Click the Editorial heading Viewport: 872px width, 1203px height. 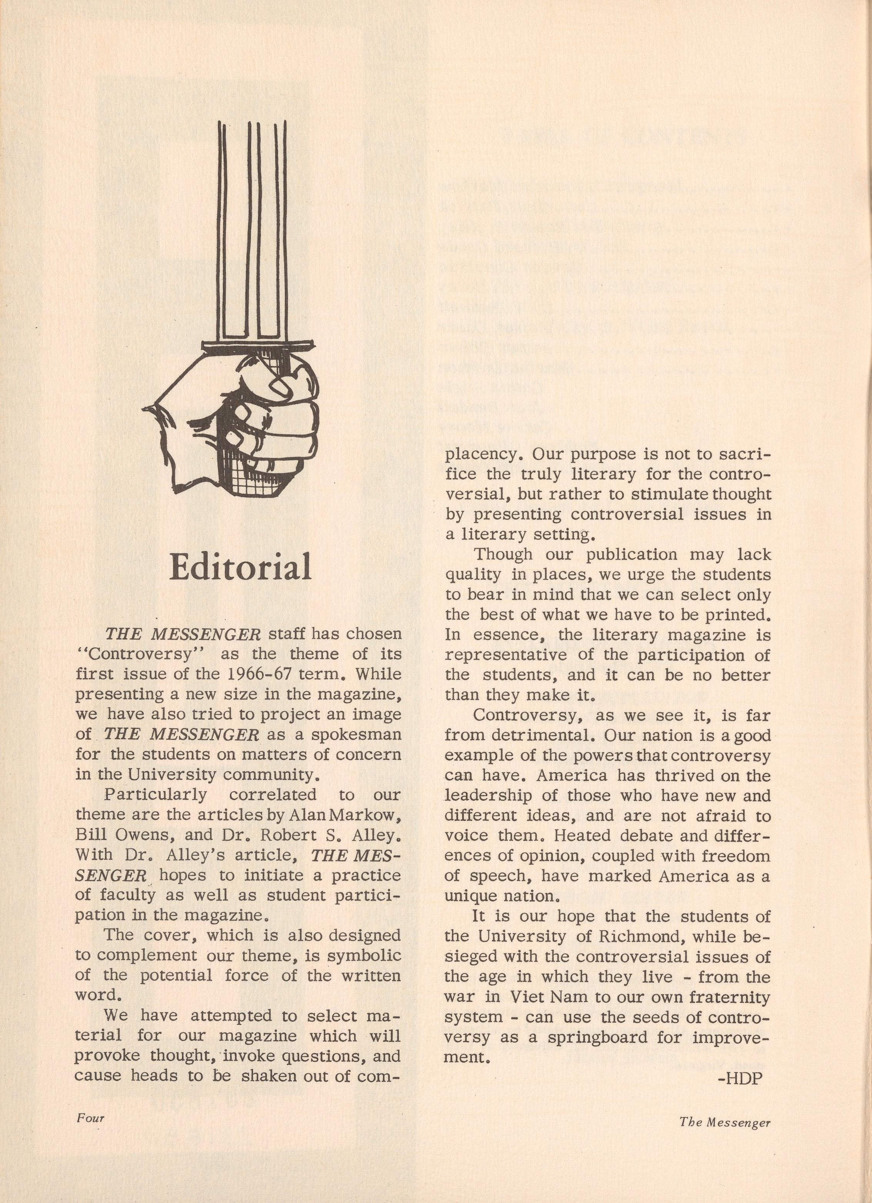click(240, 567)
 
